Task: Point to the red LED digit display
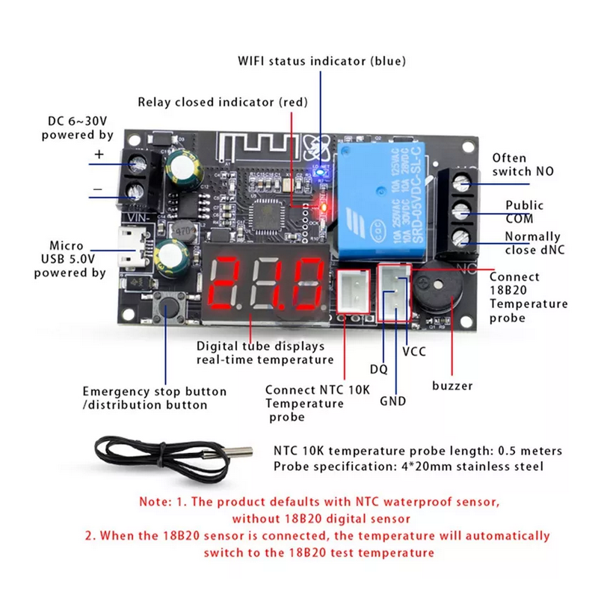tap(269, 284)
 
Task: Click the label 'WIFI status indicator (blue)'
tap(321, 61)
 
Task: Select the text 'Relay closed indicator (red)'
tap(222, 102)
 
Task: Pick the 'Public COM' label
tap(524, 212)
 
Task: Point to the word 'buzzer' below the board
tap(452, 386)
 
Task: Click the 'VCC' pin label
tap(413, 351)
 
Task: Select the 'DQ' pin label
tap(380, 368)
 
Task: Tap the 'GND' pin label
tap(392, 401)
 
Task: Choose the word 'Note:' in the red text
tap(155, 502)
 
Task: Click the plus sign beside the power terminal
tap(99, 155)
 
